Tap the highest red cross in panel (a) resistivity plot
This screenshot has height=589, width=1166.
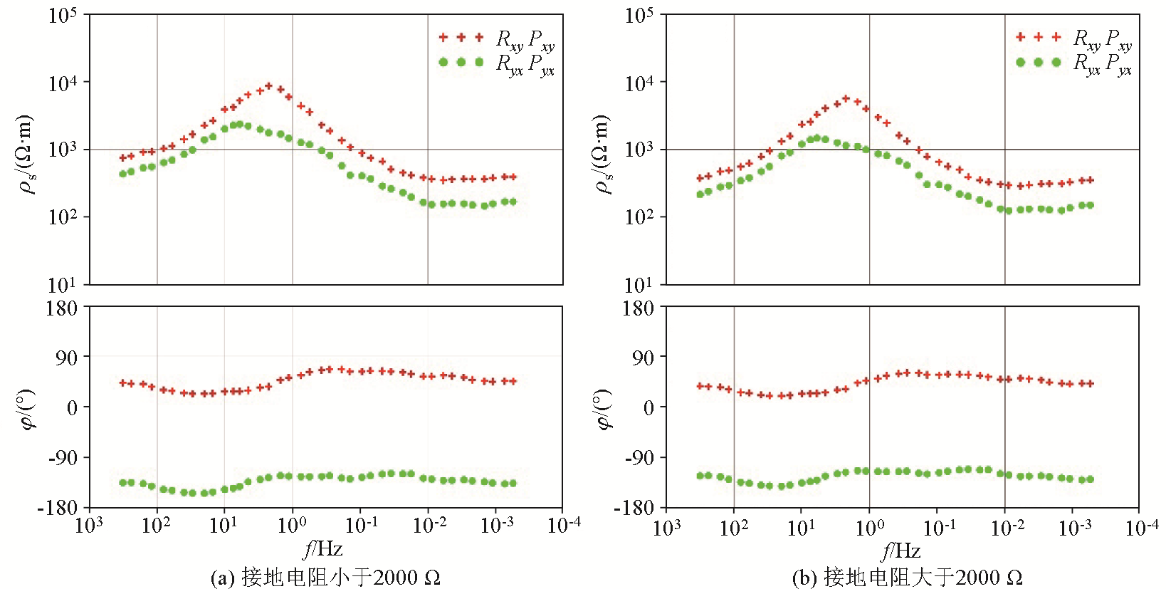(269, 86)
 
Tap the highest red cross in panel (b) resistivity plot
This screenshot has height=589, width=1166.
(846, 98)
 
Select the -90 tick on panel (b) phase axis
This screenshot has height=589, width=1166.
(639, 457)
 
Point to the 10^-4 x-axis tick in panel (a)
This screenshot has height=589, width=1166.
(564, 526)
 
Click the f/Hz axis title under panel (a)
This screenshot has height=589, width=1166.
(324, 548)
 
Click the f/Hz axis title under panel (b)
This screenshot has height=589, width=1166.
(901, 550)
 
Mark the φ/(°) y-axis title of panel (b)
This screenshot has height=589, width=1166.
(604, 410)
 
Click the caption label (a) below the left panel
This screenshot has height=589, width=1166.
(223, 577)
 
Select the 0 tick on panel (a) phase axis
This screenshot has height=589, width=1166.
(72, 407)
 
